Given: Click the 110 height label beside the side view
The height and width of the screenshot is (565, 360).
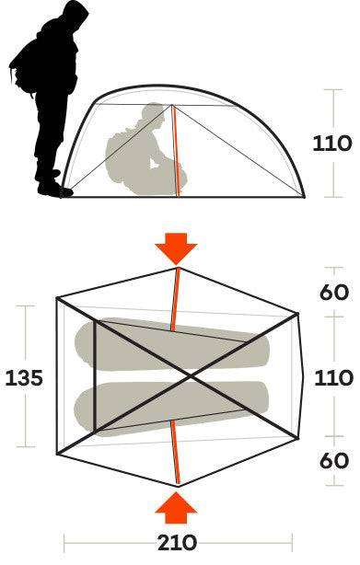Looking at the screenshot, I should [332, 144].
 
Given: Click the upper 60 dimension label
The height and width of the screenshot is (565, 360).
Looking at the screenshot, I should [332, 292].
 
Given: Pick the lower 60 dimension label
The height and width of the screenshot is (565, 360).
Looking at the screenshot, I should [332, 460].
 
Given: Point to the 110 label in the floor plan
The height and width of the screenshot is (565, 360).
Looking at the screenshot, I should [332, 378].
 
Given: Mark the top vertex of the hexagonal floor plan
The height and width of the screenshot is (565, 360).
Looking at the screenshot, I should [179, 270].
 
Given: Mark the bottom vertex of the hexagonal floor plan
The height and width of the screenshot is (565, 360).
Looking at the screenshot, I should [178, 484].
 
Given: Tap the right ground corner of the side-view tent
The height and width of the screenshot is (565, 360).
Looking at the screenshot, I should [305, 194].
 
